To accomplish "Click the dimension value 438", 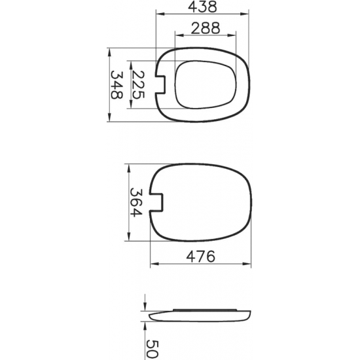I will pos(202,7).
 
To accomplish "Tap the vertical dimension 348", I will pos(117,84).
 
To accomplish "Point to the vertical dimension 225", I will pos(138,84).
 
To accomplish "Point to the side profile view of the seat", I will pos(200,314).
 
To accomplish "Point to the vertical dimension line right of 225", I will pos(131,84).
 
